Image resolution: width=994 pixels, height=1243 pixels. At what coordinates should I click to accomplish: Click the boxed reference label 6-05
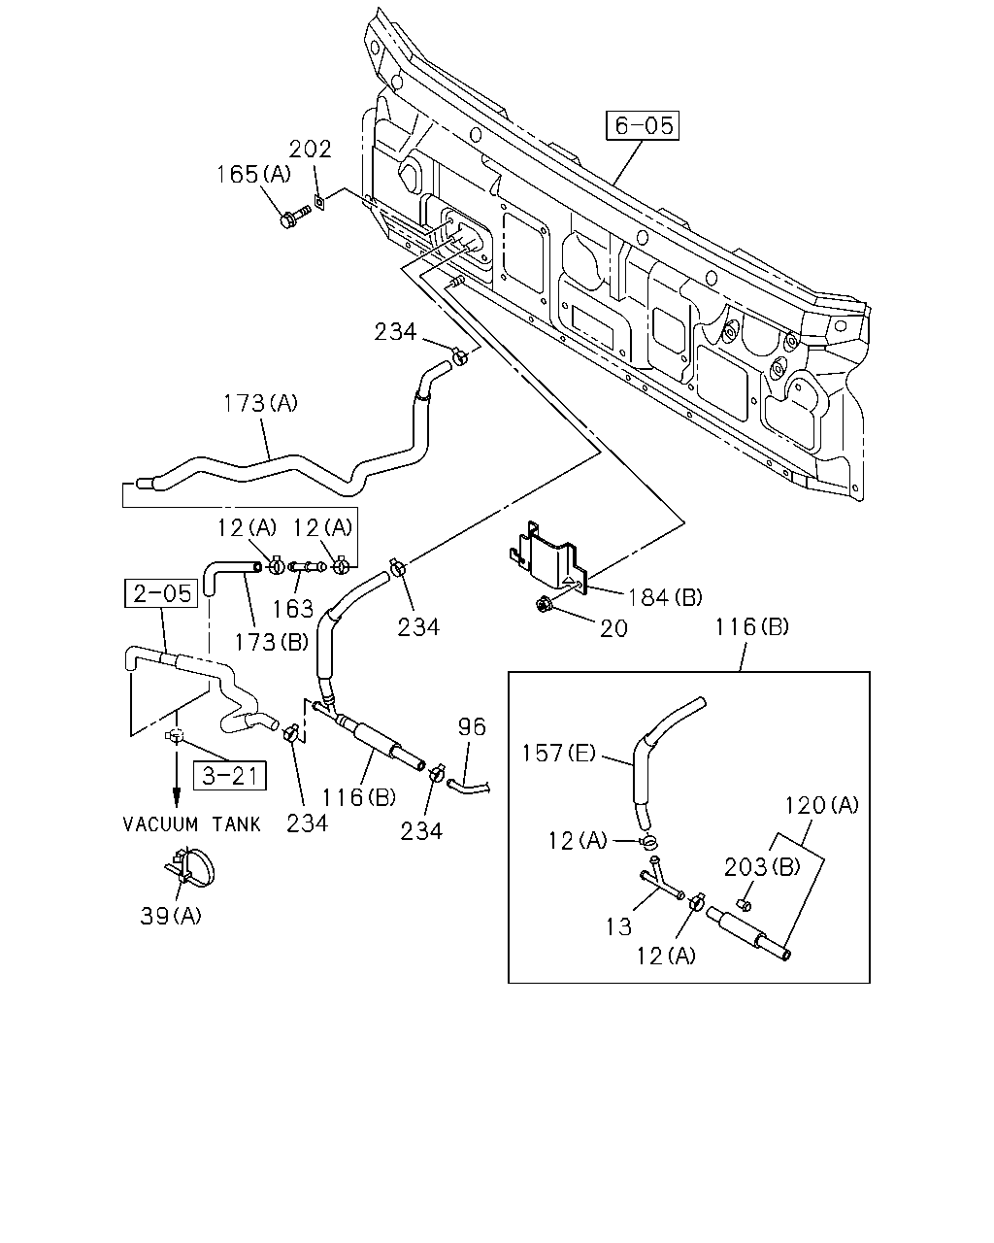click(x=643, y=125)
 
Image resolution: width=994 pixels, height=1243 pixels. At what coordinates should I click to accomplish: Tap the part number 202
click(x=311, y=149)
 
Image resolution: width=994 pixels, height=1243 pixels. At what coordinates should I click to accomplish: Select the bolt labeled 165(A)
click(x=294, y=215)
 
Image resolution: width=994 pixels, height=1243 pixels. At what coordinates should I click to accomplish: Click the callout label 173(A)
click(x=260, y=403)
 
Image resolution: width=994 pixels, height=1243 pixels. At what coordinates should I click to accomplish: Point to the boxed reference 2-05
click(x=161, y=593)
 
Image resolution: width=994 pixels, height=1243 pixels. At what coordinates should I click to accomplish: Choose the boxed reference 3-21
click(x=230, y=776)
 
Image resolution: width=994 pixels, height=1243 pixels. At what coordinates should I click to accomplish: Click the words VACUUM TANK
click(x=192, y=824)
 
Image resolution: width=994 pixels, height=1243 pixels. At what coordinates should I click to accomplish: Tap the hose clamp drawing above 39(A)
click(x=190, y=869)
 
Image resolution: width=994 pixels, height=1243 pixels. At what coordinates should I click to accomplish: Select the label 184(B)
click(x=665, y=598)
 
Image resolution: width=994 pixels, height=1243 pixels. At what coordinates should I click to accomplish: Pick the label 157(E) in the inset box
click(x=558, y=754)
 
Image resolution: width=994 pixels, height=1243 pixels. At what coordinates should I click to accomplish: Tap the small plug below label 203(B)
click(x=745, y=904)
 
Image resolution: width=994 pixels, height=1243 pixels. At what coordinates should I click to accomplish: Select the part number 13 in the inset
click(x=618, y=927)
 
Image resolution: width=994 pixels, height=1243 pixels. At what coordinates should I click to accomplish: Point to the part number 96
click(x=472, y=727)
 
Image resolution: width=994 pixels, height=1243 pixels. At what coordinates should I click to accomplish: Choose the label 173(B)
click(x=272, y=642)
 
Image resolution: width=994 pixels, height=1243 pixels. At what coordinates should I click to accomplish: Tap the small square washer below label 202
click(x=318, y=202)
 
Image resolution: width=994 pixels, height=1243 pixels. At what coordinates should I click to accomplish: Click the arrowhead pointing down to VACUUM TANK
click(x=176, y=799)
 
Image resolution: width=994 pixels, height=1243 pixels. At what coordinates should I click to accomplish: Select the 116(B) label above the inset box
click(x=752, y=626)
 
